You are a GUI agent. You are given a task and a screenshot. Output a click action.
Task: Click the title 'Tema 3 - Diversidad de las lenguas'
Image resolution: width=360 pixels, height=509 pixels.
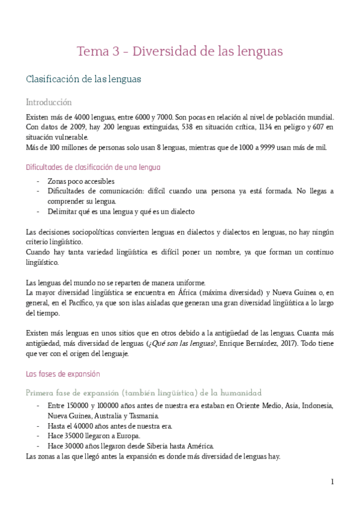(x=179, y=52)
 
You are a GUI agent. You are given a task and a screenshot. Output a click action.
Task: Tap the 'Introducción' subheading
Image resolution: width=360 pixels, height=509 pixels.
(x=49, y=102)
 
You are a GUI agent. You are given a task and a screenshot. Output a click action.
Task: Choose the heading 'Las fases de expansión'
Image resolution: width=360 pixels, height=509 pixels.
(x=62, y=374)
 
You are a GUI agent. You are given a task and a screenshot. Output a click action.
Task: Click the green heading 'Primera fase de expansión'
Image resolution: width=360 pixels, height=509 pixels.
(x=143, y=393)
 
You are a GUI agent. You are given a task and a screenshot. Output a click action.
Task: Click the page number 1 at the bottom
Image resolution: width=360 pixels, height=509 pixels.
(x=332, y=481)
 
